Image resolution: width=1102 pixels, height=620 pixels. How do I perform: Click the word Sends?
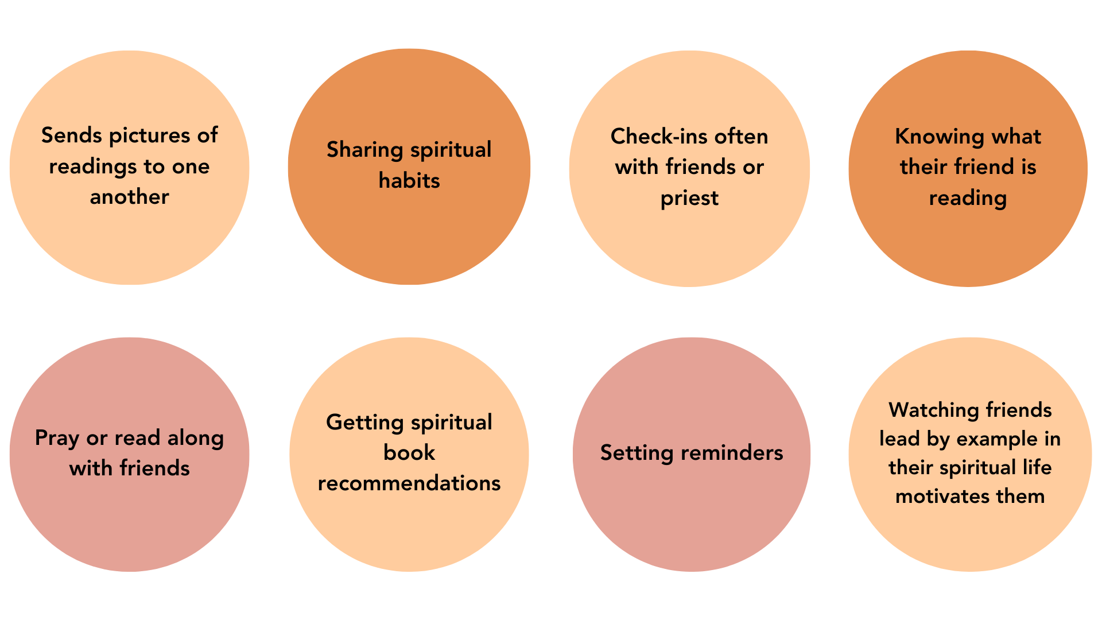tap(72, 135)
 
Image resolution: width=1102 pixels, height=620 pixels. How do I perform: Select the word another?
tap(130, 197)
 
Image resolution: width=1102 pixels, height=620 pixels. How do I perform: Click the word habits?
tap(409, 181)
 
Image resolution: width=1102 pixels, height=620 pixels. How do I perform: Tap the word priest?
tap(689, 199)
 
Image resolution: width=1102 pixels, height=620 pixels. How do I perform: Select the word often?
tap(741, 137)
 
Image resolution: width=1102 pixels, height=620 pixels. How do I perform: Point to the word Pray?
tap(57, 439)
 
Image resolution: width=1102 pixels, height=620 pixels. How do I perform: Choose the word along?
tap(196, 439)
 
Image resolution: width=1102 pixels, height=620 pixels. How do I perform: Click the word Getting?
tap(365, 423)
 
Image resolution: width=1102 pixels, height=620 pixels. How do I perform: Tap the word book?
tap(409, 453)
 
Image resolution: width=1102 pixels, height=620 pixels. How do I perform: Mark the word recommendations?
tap(409, 483)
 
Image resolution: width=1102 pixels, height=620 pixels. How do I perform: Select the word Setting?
tap(637, 454)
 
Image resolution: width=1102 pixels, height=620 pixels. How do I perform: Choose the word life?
tap(1037, 467)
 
